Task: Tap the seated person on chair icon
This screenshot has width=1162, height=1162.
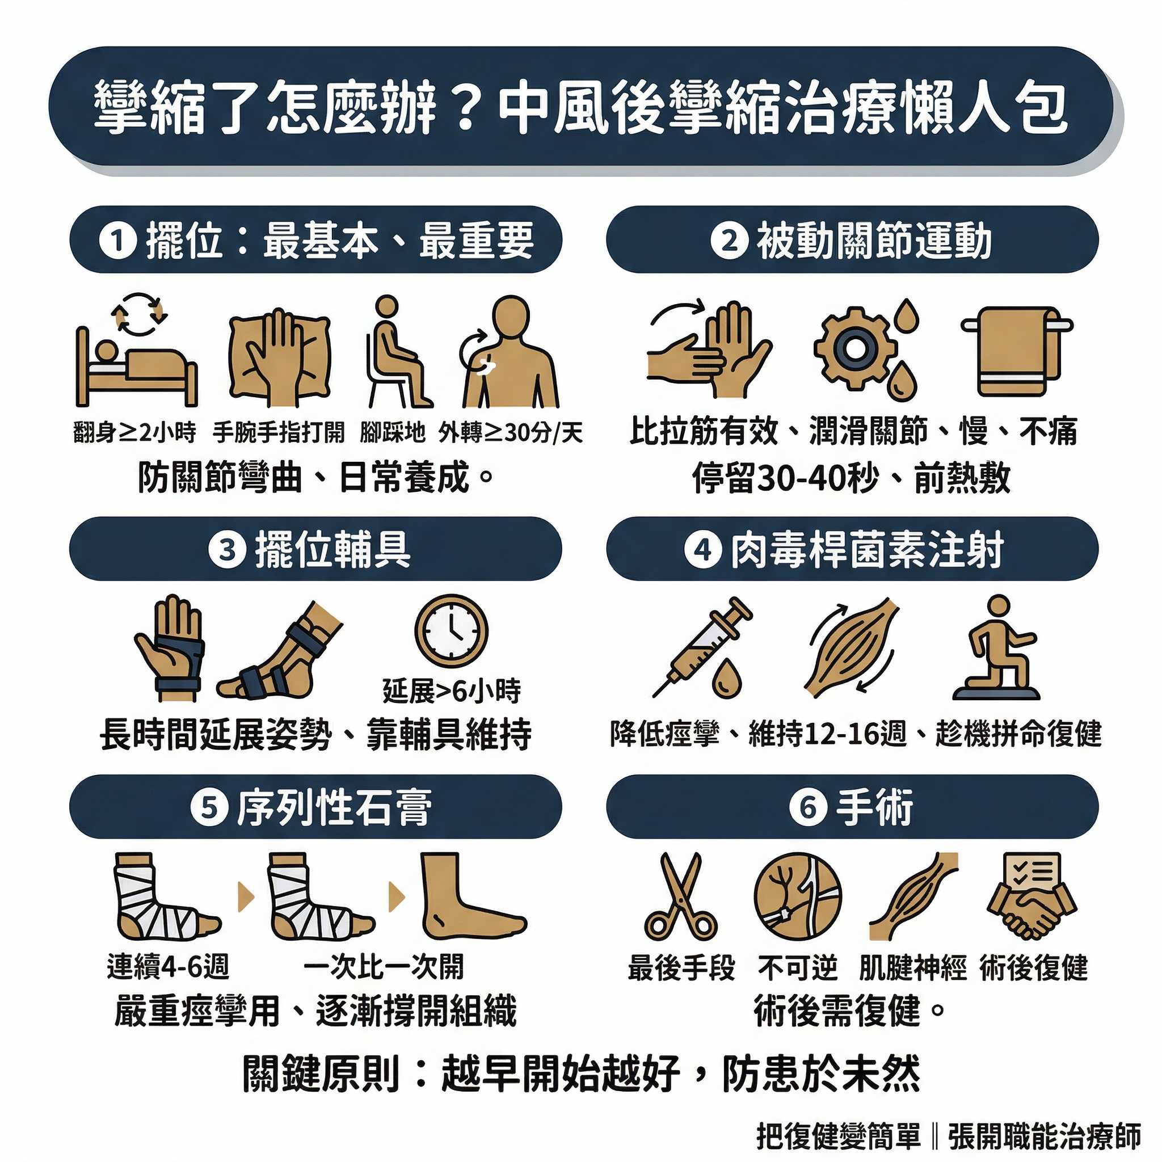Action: tap(398, 352)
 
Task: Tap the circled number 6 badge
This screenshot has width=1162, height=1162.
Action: tap(809, 807)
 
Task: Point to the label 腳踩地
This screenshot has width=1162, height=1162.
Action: tap(392, 432)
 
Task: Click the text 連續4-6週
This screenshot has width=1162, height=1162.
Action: tap(168, 967)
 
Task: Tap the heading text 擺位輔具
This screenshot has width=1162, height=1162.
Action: tap(332, 549)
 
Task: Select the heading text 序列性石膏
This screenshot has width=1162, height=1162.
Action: tap(334, 807)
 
